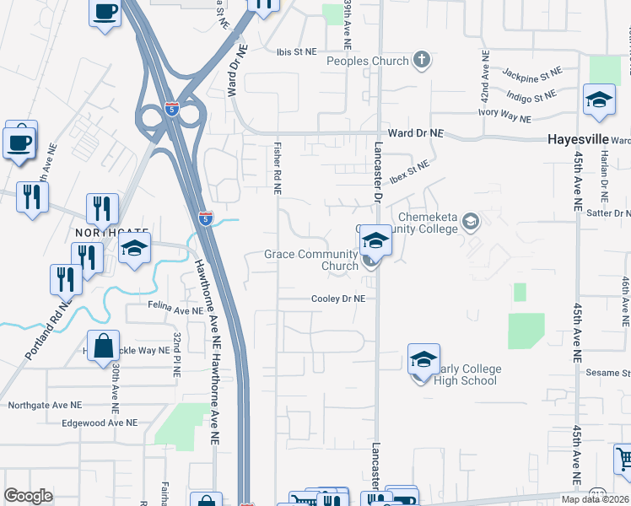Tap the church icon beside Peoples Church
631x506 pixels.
click(x=422, y=60)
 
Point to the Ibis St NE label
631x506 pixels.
click(x=296, y=51)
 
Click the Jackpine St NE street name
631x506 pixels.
click(x=531, y=75)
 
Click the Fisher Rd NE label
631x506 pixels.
click(x=277, y=167)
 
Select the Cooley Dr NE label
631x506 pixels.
click(x=337, y=299)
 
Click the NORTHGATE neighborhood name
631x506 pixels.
click(x=111, y=232)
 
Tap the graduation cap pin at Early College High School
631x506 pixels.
click(x=423, y=359)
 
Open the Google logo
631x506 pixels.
click(x=28, y=496)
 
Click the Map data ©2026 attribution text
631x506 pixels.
click(x=596, y=499)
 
